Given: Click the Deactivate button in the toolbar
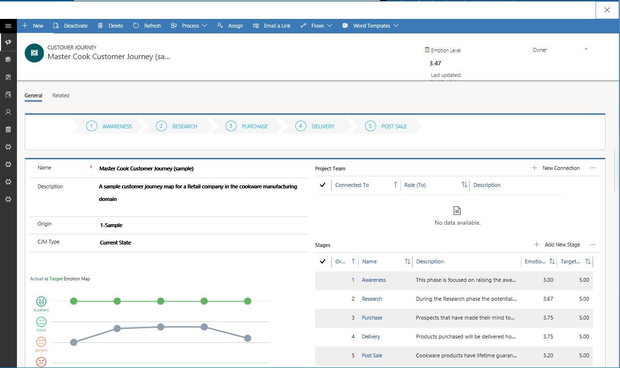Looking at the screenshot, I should (71, 26).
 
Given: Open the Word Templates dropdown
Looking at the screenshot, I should (371, 26).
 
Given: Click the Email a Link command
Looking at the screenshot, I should (272, 26).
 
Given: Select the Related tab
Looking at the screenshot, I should (61, 95).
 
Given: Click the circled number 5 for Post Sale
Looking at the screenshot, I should (370, 126).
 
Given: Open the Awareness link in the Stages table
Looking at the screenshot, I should (374, 280).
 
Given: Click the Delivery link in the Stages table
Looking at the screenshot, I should (371, 337).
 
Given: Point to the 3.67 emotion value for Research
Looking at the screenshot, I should (548, 299).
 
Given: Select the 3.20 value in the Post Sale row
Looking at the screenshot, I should (548, 355).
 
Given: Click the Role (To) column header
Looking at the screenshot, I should (415, 185).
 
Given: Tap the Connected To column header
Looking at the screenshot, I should (352, 185).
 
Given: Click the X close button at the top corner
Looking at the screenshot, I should (607, 10).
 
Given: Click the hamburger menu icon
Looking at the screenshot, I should (8, 26).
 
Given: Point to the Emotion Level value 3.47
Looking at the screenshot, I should (435, 63).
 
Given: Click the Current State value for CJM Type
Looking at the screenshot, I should (115, 243).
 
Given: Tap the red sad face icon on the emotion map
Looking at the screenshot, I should (41, 361).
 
